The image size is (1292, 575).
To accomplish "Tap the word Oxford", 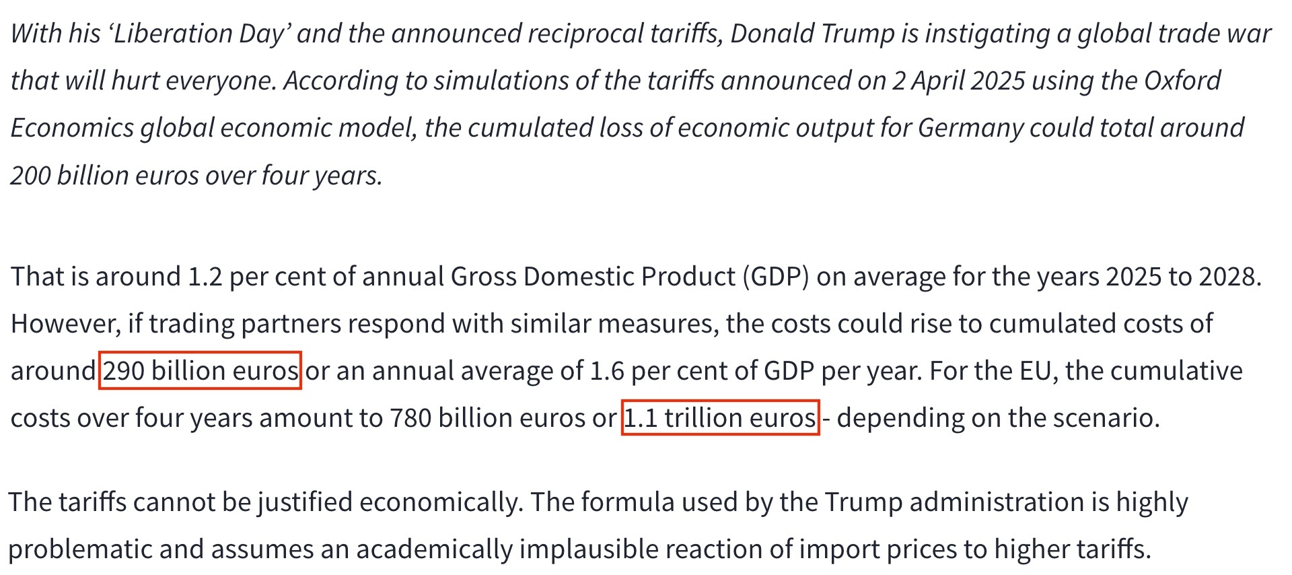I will [x=1182, y=81].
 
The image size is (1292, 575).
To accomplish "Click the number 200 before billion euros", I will [x=30, y=176].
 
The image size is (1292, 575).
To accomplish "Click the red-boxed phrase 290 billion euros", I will [x=201, y=371].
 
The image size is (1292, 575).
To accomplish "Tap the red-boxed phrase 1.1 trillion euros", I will [x=720, y=418].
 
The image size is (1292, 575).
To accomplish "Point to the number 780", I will [x=410, y=418].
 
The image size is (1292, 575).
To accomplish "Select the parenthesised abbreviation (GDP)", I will [x=775, y=277].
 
